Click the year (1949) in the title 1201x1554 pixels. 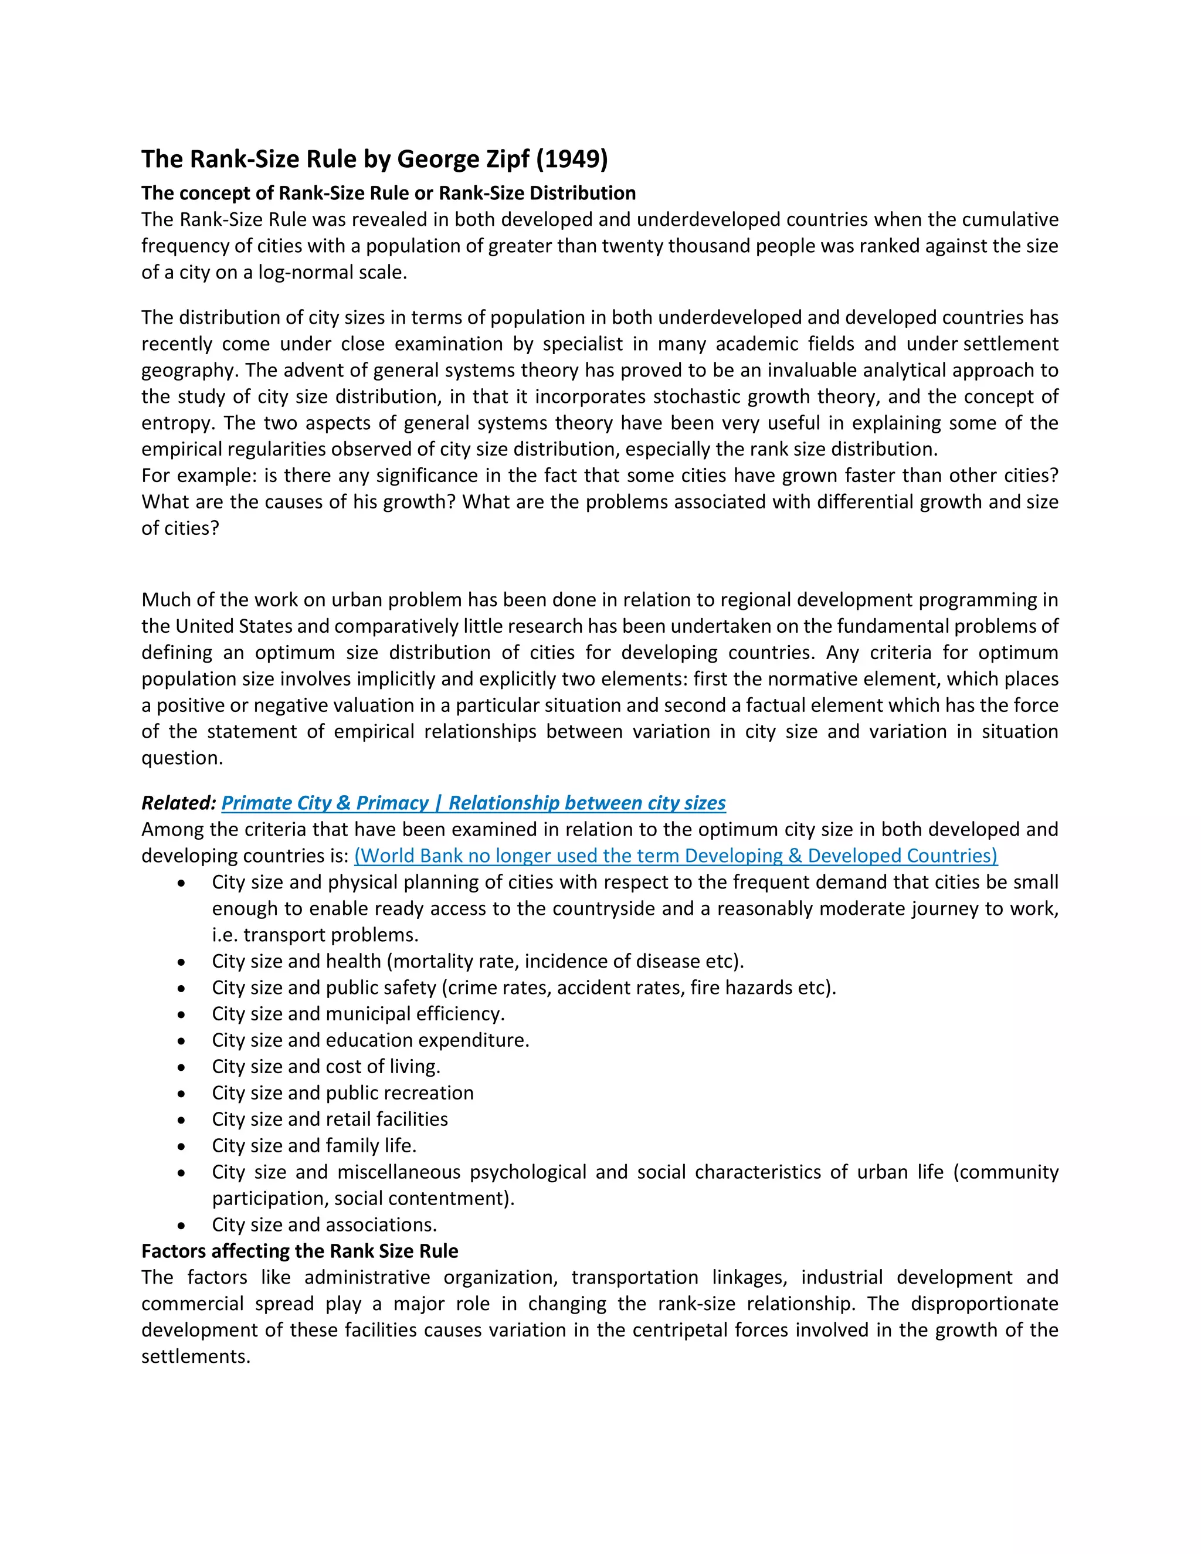(x=571, y=159)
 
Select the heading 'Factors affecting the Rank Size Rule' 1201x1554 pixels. (x=300, y=1250)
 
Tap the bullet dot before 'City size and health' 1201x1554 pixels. (x=182, y=962)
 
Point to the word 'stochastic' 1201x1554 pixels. (x=700, y=396)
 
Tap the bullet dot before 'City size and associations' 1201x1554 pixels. (x=182, y=1225)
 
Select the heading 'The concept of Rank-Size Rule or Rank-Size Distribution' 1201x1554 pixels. (x=388, y=193)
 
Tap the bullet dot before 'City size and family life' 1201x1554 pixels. (x=182, y=1146)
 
